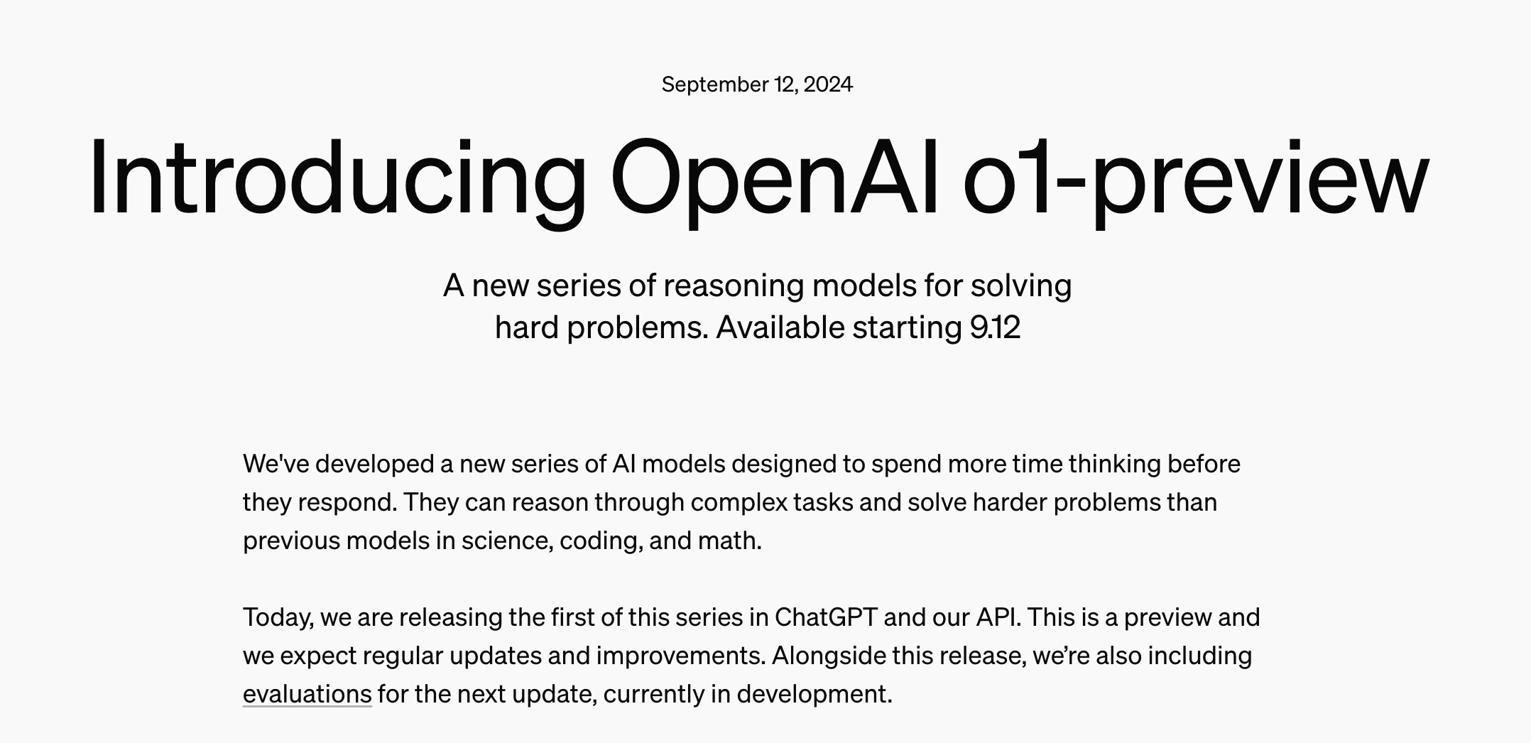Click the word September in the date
(715, 85)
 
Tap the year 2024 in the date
(828, 85)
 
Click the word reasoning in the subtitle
(734, 286)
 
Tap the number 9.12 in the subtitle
(995, 327)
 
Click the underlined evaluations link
(307, 694)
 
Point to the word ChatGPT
(826, 617)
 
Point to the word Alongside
(829, 656)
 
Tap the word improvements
(681, 656)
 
